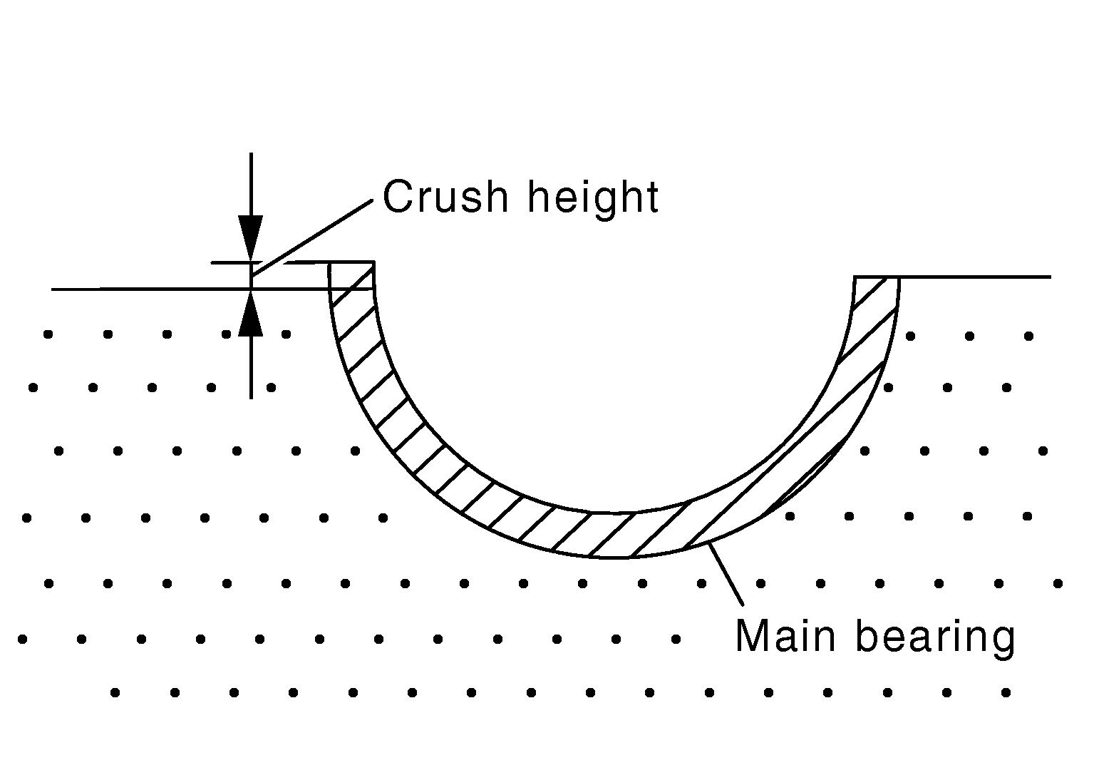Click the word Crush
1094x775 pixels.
click(446, 197)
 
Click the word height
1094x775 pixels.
click(594, 200)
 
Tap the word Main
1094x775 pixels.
click(785, 636)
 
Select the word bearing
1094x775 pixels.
click(936, 639)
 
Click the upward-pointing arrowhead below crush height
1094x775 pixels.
click(251, 313)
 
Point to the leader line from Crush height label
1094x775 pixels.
click(312, 237)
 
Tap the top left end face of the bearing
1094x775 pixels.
click(351, 262)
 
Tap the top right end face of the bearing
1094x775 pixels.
click(877, 277)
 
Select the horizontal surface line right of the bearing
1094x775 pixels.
click(975, 277)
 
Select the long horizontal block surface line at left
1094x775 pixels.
click(190, 289)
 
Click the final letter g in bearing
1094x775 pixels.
click(1001, 644)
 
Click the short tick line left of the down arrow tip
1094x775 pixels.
click(230, 262)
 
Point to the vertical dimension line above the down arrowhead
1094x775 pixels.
click(251, 184)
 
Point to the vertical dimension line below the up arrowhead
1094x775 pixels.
click(251, 367)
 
